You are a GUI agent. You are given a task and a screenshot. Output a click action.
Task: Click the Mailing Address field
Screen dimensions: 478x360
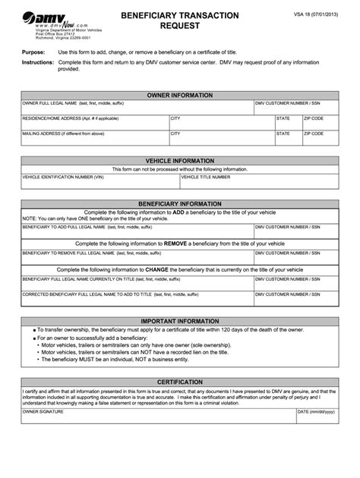click(x=94, y=137)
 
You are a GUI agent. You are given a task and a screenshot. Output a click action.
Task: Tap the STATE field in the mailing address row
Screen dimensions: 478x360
click(x=288, y=137)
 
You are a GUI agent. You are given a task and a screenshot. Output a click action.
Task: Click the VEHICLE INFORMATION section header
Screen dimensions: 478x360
click(x=179, y=162)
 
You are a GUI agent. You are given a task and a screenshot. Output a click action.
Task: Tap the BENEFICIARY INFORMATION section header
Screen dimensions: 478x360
click(x=179, y=204)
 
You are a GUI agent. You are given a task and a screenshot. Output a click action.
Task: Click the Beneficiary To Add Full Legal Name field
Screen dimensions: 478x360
click(x=137, y=231)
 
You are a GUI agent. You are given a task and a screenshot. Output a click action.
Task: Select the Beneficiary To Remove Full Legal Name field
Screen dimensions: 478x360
click(x=137, y=256)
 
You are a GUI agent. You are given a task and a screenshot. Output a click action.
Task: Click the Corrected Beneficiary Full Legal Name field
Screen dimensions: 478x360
click(x=137, y=297)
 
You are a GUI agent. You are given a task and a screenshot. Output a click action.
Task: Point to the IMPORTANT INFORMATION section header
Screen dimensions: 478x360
click(x=179, y=321)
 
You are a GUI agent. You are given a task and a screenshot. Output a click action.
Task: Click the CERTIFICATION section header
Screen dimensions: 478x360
click(x=179, y=382)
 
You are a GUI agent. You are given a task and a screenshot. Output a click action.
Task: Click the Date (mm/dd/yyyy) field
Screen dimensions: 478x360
click(x=317, y=417)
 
